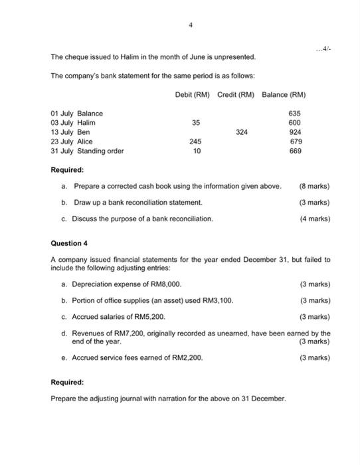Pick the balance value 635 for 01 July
[295, 114]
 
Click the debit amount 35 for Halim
[195, 123]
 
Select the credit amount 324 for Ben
[241, 132]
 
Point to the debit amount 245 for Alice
[195, 141]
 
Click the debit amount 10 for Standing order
[195, 151]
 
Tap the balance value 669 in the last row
[295, 151]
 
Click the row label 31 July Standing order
[87, 151]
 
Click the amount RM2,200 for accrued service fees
[187, 357]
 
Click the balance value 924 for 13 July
[295, 132]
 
